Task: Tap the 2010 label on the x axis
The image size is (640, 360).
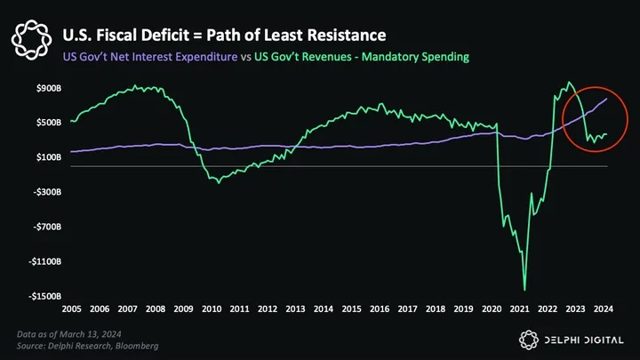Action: [x=212, y=309]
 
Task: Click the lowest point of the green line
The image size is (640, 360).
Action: [x=524, y=290]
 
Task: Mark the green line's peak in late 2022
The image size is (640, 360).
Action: [x=569, y=83]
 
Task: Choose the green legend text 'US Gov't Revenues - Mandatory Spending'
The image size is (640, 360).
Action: [x=363, y=57]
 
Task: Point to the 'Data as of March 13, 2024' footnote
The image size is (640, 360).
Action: [x=70, y=332]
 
